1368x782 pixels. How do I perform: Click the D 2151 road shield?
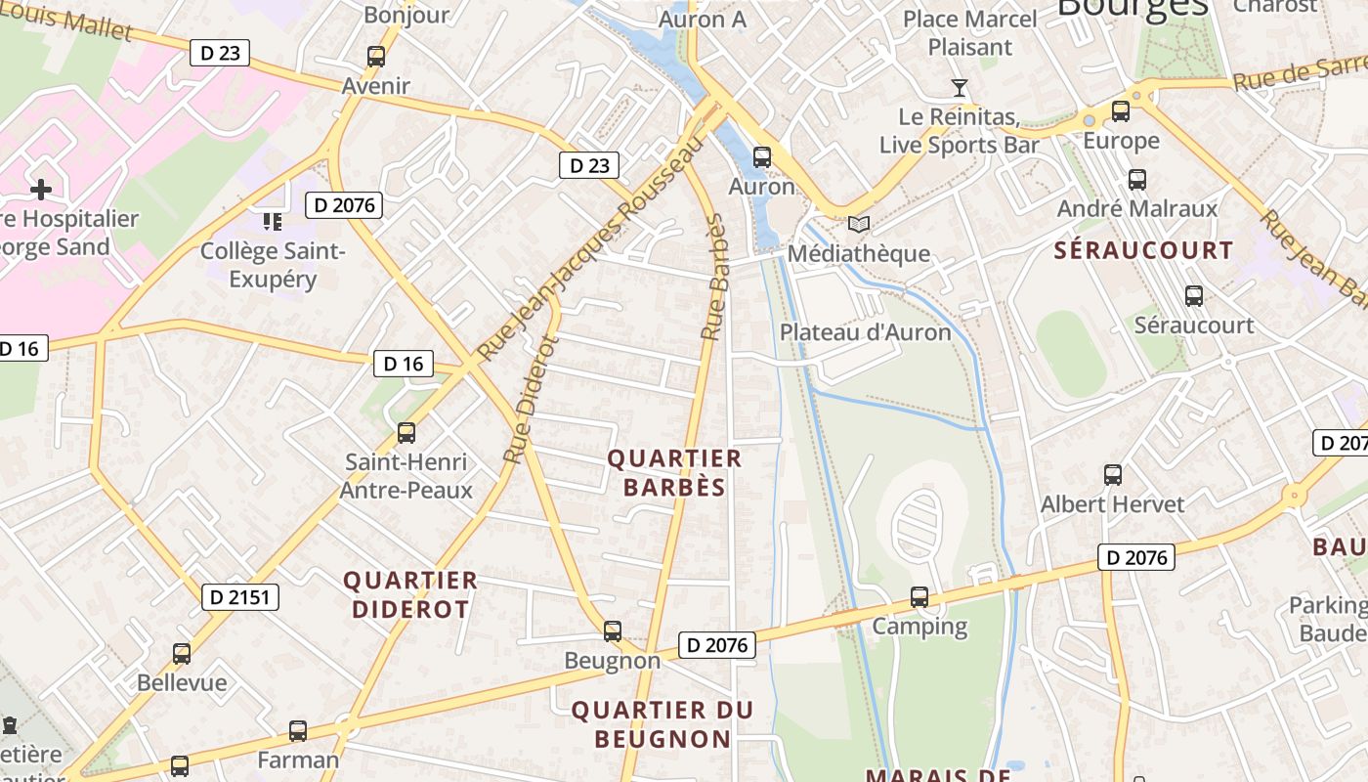240,597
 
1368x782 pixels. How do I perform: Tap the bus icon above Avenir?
376,57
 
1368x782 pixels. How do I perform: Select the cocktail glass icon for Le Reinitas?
960,89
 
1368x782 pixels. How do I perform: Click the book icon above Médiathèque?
858,225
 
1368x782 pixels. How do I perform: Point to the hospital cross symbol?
41,188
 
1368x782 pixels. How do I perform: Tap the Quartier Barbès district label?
674,472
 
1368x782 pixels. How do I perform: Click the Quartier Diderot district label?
410,594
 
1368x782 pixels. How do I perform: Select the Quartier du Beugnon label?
663,724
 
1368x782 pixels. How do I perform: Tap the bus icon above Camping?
919,596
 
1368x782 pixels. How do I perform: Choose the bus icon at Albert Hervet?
1113,475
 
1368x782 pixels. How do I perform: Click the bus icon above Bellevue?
182,654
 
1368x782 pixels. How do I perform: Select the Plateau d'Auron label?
865,332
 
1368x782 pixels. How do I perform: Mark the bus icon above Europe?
1121,111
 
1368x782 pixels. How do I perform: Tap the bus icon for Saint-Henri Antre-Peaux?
406,432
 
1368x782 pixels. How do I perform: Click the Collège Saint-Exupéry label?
273,265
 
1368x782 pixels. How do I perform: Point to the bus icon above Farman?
298,730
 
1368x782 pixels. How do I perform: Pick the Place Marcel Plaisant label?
969,32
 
